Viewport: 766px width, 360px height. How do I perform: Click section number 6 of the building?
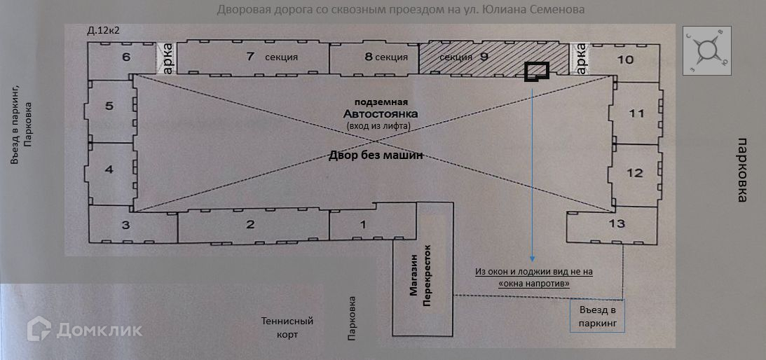(x=127, y=57)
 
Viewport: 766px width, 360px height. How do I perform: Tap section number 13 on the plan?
(x=617, y=223)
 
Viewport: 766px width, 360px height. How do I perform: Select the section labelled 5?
(x=109, y=106)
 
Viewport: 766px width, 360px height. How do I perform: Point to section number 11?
(x=636, y=113)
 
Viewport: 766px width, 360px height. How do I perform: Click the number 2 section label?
(x=251, y=225)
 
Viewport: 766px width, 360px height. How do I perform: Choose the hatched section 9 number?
(x=484, y=57)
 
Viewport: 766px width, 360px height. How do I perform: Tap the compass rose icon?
(x=707, y=50)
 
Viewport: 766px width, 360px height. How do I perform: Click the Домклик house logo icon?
(x=39, y=328)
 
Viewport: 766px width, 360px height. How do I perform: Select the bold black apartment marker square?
(x=537, y=72)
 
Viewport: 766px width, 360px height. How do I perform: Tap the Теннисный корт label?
(x=287, y=328)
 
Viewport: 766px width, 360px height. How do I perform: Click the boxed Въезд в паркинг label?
(x=598, y=317)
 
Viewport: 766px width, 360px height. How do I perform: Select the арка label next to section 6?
(x=167, y=58)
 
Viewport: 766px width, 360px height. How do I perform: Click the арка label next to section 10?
(x=581, y=58)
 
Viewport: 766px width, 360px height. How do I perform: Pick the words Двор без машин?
(x=375, y=155)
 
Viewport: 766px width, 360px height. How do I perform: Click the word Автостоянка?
(x=381, y=113)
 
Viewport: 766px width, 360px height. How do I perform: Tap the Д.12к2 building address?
(x=103, y=31)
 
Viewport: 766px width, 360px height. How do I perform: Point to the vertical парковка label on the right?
(x=742, y=169)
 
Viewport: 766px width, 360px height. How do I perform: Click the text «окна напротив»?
(x=534, y=283)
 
